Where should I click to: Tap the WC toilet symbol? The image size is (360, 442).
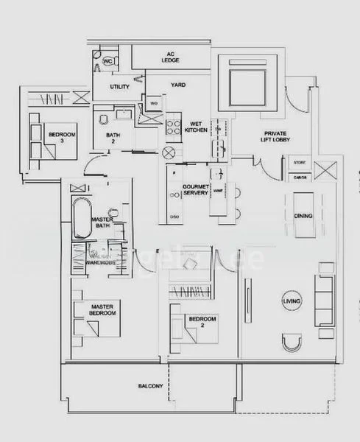click(107, 61)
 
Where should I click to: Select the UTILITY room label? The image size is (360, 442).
click(120, 88)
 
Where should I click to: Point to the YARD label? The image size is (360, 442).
click(177, 85)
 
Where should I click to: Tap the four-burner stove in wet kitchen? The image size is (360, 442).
click(174, 126)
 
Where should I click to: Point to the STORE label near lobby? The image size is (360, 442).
click(300, 162)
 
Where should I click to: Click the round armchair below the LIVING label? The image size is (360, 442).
click(292, 342)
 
